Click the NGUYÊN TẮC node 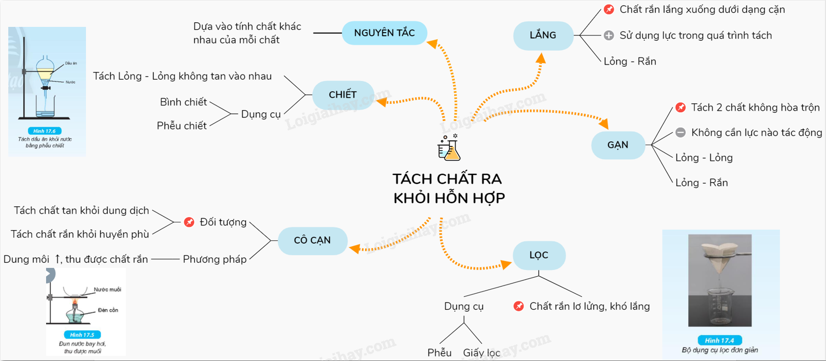(x=384, y=33)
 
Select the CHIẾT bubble (x=343, y=95)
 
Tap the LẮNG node (x=543, y=35)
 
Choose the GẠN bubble (x=618, y=145)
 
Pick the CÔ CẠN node (x=312, y=240)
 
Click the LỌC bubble (x=539, y=255)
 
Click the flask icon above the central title (x=448, y=148)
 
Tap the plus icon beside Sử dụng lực (x=609, y=35)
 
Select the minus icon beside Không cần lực (x=680, y=133)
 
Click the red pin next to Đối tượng (x=190, y=222)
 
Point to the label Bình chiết (x=183, y=102)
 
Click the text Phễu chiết (x=182, y=126)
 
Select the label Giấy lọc (x=482, y=353)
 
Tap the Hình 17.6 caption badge (x=45, y=131)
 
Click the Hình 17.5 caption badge (x=82, y=335)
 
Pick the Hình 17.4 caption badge (x=720, y=340)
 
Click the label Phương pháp (x=214, y=259)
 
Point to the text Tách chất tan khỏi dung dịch (x=81, y=210)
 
